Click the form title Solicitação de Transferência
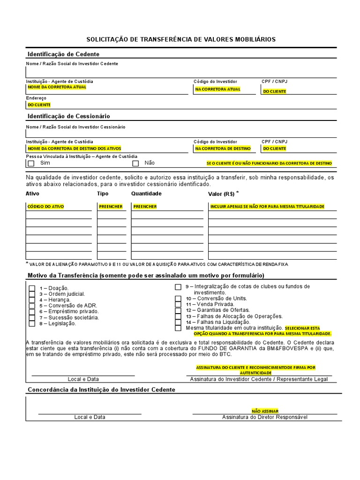click(181, 39)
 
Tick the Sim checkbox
click(31, 164)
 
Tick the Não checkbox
click(136, 164)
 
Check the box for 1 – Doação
click(32, 288)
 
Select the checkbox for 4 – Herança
click(32, 300)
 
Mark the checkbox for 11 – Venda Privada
click(178, 304)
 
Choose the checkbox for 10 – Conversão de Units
click(178, 298)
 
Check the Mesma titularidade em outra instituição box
click(178, 328)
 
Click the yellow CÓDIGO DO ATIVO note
click(46, 207)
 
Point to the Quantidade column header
click(146, 194)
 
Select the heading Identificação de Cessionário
click(69, 116)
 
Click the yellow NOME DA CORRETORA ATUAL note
click(57, 87)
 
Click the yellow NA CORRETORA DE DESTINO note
click(223, 149)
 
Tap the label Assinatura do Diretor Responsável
click(265, 417)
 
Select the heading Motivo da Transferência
click(145, 275)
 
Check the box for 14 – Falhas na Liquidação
click(178, 322)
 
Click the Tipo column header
click(103, 194)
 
